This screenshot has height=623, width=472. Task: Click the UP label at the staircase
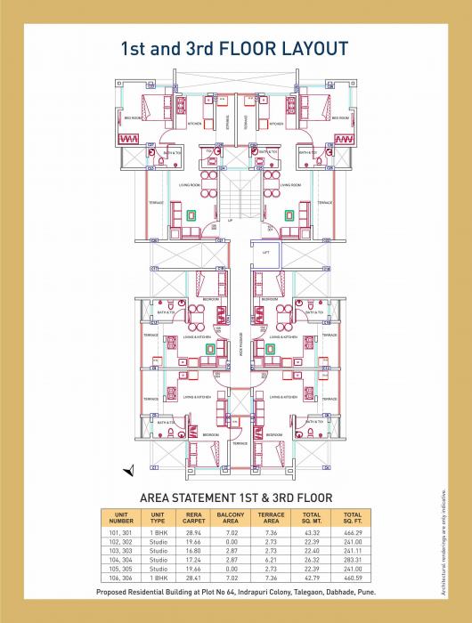pyautogui.click(x=230, y=219)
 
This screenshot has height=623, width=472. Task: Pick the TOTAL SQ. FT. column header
pyautogui.click(x=352, y=516)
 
